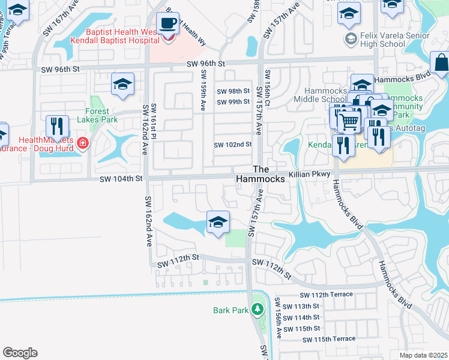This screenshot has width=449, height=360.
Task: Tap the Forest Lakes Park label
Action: click(93, 115)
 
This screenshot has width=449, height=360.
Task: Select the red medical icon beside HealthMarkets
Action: click(82, 143)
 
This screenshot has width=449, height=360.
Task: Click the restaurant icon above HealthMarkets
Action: click(57, 126)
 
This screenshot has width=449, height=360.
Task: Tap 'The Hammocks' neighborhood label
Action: click(260, 174)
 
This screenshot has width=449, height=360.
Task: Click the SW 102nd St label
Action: click(232, 145)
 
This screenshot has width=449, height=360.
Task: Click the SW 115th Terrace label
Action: click(328, 339)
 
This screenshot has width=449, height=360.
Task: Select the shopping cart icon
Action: click(348, 122)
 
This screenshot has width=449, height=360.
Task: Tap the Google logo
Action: click(20, 352)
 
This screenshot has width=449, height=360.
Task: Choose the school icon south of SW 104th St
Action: click(218, 223)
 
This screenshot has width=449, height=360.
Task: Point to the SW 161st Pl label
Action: click(153, 120)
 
